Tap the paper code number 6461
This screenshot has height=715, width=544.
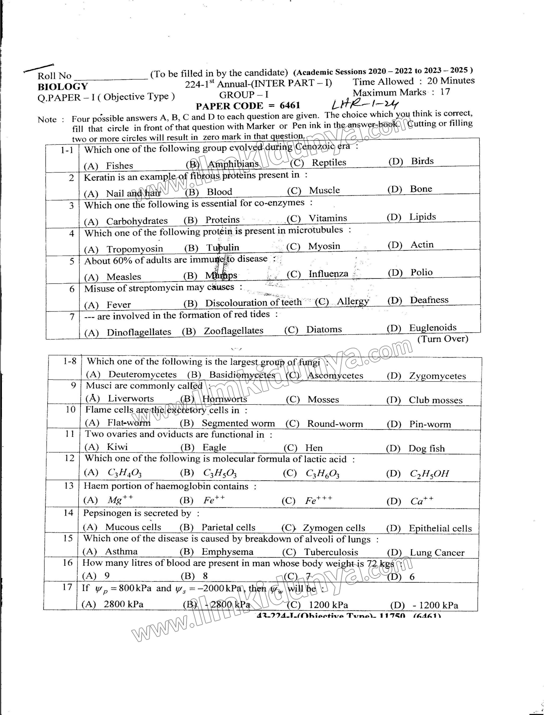(x=290, y=106)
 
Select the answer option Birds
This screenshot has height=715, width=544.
(x=422, y=161)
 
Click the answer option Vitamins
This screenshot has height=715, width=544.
(x=327, y=218)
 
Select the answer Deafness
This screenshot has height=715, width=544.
(x=429, y=300)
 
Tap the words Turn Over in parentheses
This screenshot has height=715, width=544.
(x=443, y=339)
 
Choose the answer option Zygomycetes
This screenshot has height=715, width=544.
(x=437, y=376)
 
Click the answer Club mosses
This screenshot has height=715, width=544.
(x=435, y=400)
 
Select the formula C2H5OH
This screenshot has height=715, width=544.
(x=429, y=474)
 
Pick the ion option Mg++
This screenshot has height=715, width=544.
(x=120, y=500)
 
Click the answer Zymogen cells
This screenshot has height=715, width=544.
(x=334, y=528)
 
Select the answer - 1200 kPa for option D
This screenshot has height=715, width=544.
(x=435, y=606)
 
